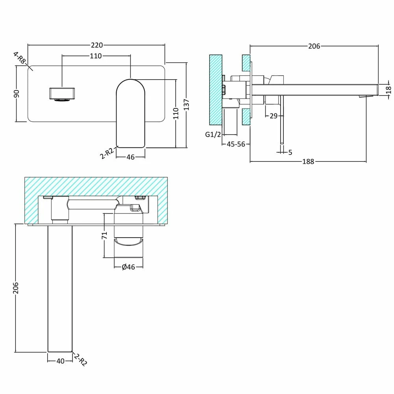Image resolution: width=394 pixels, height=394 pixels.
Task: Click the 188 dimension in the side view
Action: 309,162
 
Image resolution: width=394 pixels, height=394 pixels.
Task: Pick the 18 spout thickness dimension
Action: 388,89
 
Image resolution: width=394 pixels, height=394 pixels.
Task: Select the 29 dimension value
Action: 274,116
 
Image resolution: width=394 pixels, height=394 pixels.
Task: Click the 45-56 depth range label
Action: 236,144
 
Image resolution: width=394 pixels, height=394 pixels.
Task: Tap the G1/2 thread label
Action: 213,134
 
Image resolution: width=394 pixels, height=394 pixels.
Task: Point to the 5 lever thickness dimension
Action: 290,152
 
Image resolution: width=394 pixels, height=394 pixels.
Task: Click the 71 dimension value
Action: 104,236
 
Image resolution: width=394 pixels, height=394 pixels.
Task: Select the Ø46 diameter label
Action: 128,267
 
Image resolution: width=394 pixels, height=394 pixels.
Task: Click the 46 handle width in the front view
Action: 130,157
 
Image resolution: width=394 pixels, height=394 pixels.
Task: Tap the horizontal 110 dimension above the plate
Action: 96,56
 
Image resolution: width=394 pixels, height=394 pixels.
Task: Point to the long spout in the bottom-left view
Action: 60,288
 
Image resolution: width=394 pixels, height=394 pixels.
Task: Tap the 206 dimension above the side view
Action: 314,46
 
